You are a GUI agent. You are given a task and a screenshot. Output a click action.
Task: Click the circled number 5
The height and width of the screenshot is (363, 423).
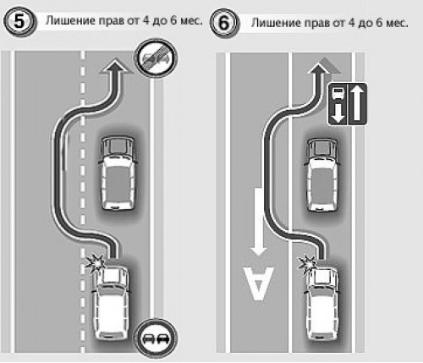[x=19, y=23]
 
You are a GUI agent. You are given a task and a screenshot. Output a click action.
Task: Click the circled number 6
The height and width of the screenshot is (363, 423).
[x=224, y=23]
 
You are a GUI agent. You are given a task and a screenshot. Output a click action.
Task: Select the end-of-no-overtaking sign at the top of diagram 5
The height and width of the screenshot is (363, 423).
[x=157, y=59]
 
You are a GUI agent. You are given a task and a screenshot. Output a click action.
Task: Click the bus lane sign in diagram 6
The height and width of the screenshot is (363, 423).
[x=348, y=104]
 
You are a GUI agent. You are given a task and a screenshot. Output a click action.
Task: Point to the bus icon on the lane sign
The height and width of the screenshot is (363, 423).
[x=338, y=95]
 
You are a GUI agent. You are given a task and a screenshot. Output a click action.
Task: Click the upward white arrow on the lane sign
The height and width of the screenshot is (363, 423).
[x=358, y=104]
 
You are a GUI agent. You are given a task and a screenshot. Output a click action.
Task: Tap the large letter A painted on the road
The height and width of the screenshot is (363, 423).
[x=258, y=283]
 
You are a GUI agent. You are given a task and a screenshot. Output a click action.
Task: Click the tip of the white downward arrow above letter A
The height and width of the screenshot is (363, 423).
[x=259, y=256]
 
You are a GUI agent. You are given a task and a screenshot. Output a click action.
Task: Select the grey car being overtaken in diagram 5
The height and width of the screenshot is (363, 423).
[x=118, y=173]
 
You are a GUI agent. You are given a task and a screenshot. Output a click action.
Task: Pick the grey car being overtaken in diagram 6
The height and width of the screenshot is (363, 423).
[x=323, y=175]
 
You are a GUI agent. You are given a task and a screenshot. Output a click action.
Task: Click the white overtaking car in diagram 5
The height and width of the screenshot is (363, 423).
[x=111, y=303]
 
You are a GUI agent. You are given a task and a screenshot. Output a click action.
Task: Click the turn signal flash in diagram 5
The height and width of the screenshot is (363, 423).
[x=95, y=263]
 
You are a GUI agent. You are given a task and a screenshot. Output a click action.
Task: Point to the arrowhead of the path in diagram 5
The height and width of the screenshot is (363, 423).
[x=116, y=66]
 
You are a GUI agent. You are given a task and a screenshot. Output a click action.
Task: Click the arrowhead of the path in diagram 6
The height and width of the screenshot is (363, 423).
[x=319, y=68]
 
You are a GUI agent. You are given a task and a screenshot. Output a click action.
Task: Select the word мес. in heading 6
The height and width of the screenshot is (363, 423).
[x=397, y=23]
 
